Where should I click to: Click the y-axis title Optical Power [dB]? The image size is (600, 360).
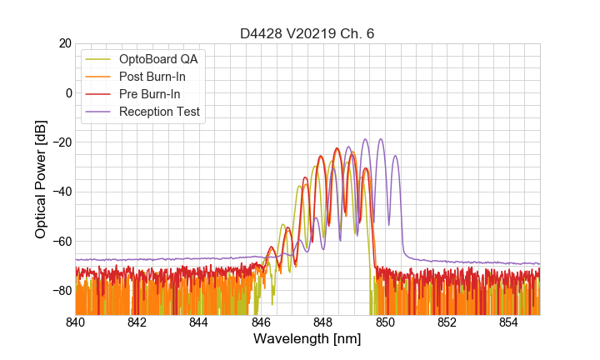click(41, 179)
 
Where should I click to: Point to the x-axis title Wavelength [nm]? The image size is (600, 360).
click(307, 339)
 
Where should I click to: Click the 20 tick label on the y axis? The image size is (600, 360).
click(64, 43)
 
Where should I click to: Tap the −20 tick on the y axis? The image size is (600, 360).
click(61, 142)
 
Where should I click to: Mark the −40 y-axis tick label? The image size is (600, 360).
click(61, 192)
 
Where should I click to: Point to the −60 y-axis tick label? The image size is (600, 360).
click(61, 242)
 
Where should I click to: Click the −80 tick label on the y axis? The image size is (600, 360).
click(61, 291)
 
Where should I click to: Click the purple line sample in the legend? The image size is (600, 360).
click(99, 112)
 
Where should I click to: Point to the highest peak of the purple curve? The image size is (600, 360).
click(381, 139)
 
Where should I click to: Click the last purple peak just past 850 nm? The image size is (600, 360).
click(396, 156)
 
